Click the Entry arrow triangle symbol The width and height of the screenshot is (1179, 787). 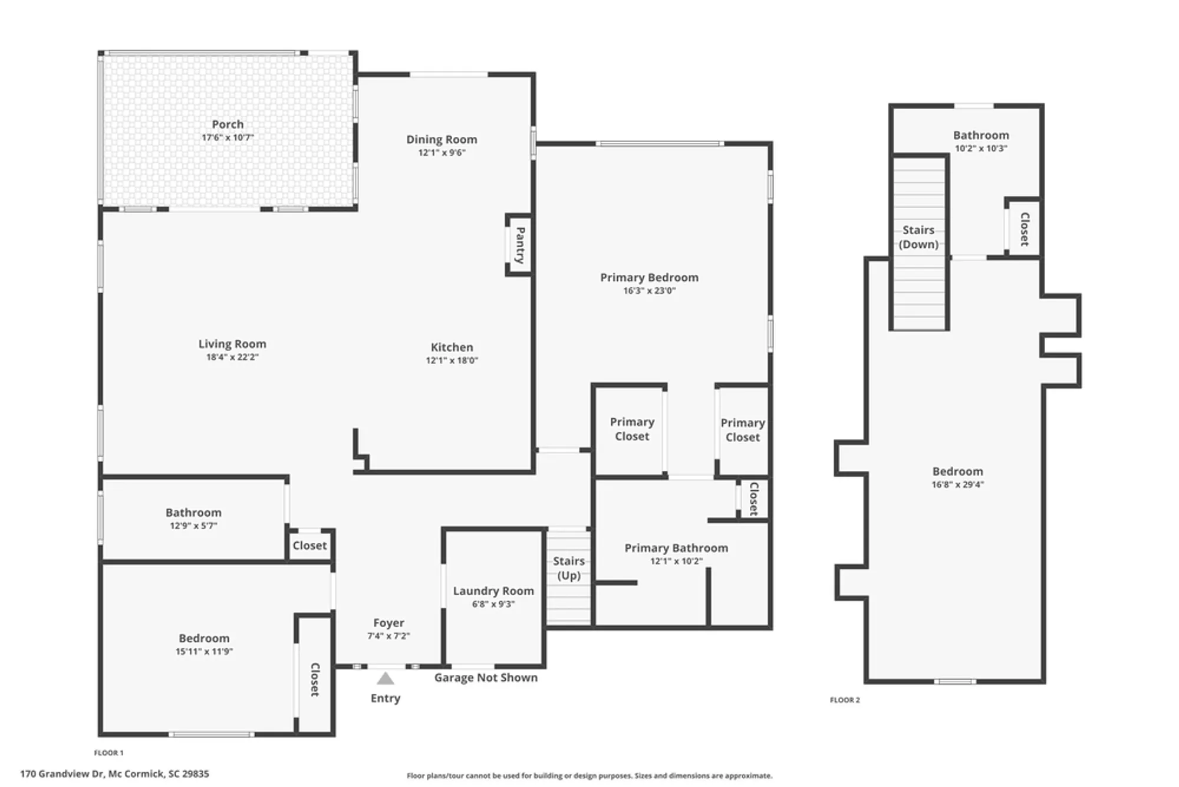[385, 679]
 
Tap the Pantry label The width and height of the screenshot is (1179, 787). [520, 245]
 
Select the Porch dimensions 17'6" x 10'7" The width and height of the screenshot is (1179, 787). [228, 137]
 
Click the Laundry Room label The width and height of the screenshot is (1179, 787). [493, 591]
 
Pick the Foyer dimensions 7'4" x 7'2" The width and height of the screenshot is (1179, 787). [388, 636]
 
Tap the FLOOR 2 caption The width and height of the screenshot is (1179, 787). [845, 700]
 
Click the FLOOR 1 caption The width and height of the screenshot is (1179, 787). [109, 753]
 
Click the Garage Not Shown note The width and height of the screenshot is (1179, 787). [486, 677]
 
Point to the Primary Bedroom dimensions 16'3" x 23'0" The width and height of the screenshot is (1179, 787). [649, 290]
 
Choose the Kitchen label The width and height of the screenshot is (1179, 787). [452, 347]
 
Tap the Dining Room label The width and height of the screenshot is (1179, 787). [442, 139]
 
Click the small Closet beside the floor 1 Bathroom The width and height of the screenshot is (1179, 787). [309, 545]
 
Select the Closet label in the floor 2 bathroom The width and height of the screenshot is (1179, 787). [1025, 229]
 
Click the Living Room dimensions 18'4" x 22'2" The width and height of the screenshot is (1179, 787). [232, 357]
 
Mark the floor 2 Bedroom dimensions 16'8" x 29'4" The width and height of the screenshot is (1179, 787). [957, 484]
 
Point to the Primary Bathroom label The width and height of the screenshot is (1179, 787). [676, 547]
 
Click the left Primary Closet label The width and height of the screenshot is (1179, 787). [631, 429]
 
